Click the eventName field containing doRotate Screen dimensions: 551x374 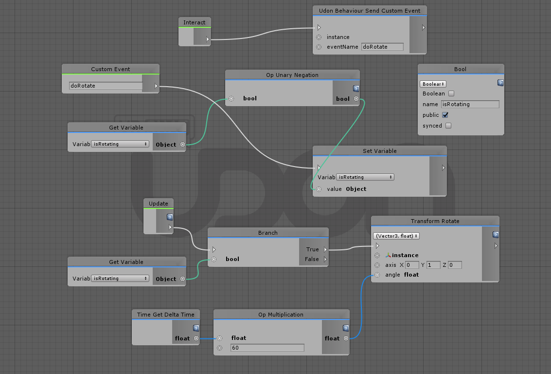point(382,47)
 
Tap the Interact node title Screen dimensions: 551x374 point(195,22)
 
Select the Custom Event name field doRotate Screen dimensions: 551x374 point(106,86)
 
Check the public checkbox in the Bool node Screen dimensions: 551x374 point(445,115)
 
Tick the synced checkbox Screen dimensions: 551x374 point(448,126)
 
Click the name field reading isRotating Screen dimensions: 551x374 point(470,104)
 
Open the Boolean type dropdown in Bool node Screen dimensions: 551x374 point(433,84)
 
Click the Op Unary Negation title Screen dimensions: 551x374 point(292,75)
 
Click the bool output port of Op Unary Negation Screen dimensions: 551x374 point(356,99)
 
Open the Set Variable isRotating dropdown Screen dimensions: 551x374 point(365,177)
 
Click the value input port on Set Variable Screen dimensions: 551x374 point(319,189)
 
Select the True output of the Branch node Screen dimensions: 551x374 point(325,249)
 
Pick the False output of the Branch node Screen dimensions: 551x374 point(325,259)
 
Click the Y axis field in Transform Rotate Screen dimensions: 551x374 point(433,265)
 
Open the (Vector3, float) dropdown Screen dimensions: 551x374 point(396,236)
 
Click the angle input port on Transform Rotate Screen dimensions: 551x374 point(377,275)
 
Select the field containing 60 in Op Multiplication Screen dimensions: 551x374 point(267,348)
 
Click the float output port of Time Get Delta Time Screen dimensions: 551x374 point(196,338)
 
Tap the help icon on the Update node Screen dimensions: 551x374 point(170,217)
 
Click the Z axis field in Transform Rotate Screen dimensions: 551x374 point(455,265)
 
